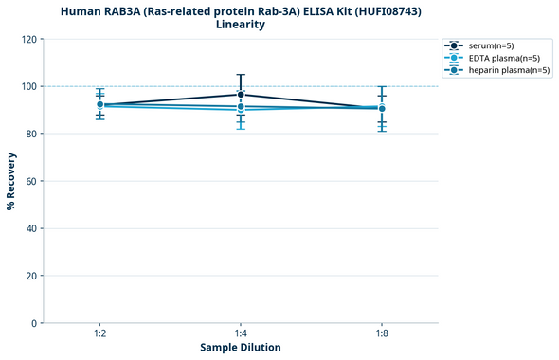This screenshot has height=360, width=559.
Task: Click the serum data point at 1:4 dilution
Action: pyautogui.click(x=241, y=95)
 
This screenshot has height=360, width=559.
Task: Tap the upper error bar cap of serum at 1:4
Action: pyautogui.click(x=241, y=75)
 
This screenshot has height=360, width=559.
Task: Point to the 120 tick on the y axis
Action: pyautogui.click(x=29, y=39)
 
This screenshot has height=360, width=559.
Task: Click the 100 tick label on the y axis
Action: pyautogui.click(x=29, y=86)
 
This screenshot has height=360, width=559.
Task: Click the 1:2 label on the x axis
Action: pyautogui.click(x=99, y=333)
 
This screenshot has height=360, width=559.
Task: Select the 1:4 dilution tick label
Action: pyautogui.click(x=241, y=333)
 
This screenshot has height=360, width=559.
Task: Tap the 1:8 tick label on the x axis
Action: pyautogui.click(x=382, y=333)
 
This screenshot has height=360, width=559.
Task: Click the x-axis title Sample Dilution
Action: pyautogui.click(x=241, y=348)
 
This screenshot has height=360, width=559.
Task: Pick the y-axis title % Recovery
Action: pyautogui.click(x=11, y=181)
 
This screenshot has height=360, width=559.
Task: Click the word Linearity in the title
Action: pyautogui.click(x=241, y=25)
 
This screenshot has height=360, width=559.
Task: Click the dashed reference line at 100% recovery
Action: pyautogui.click(x=313, y=86)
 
